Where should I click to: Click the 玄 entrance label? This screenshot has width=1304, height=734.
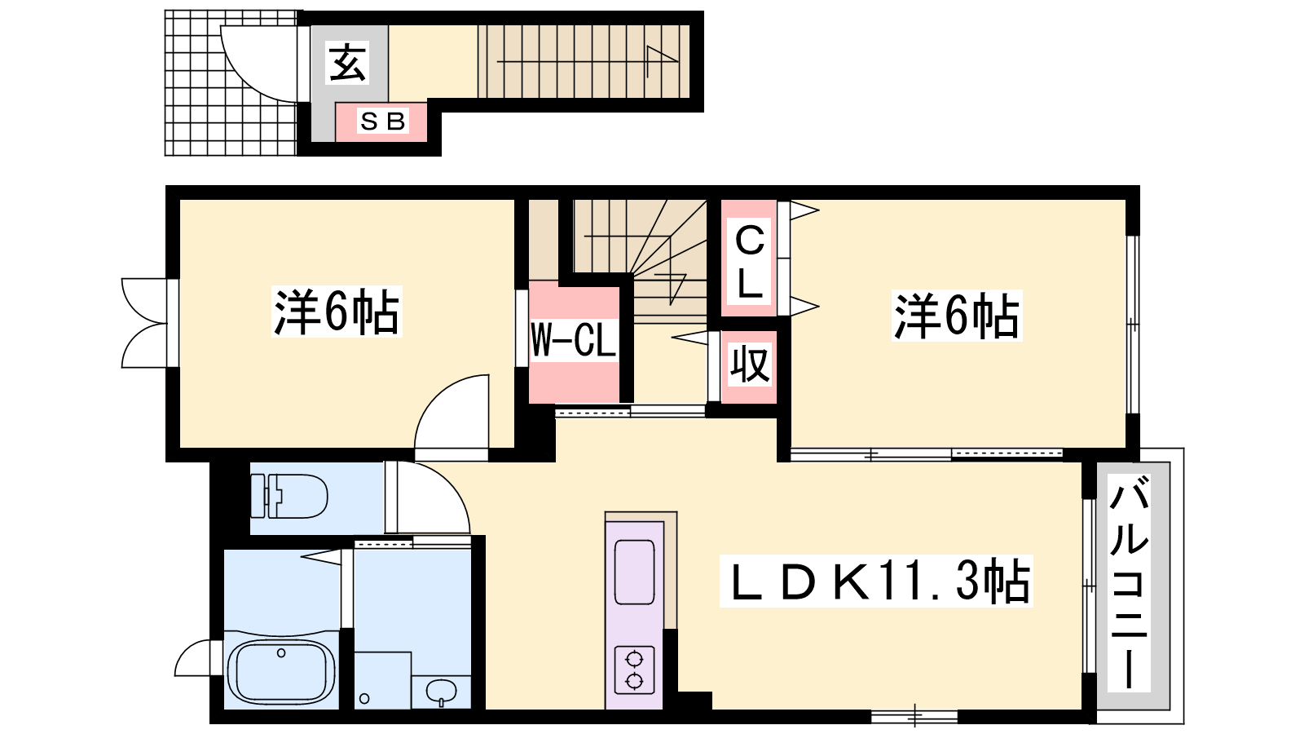click(348, 62)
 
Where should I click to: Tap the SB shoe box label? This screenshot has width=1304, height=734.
click(382, 122)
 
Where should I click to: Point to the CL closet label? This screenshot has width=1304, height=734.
click(749, 263)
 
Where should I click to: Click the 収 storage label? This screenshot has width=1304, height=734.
click(751, 364)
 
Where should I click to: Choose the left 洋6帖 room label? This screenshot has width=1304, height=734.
click(337, 312)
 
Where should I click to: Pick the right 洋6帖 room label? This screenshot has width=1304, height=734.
click(957, 316)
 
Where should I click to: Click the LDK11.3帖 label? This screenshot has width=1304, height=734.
click(876, 581)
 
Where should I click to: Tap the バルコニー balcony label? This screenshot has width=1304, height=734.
click(1129, 581)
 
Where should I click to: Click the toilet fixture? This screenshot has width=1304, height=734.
click(289, 497)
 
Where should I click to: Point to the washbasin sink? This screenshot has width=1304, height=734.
click(441, 692)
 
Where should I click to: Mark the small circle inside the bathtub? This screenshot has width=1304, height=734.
click(281, 653)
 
